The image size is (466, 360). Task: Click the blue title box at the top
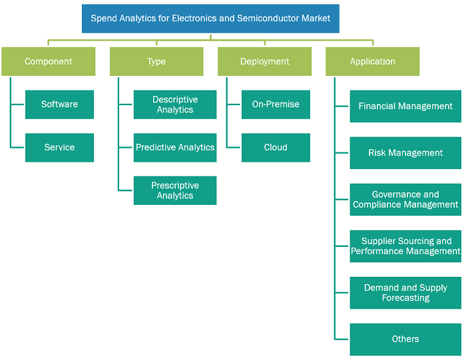click(210, 19)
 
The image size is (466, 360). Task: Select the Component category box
click(49, 61)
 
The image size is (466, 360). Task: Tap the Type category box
click(156, 61)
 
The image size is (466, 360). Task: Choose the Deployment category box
click(264, 61)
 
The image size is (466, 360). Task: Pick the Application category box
click(372, 61)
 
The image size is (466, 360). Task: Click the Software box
click(59, 104)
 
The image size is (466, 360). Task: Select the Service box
click(59, 148)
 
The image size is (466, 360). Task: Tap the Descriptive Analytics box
click(175, 104)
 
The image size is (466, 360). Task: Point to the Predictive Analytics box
click(175, 148)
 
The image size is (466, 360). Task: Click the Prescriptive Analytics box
click(175, 190)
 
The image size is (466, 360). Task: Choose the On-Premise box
click(276, 104)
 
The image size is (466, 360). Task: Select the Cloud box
click(276, 148)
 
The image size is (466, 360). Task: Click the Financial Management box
click(405, 106)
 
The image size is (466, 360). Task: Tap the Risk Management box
click(405, 153)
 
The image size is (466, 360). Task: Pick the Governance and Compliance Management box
click(405, 200)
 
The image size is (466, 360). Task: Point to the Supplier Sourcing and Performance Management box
click(405, 246)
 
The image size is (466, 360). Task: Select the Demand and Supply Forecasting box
click(405, 293)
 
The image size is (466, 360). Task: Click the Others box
click(405, 339)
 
